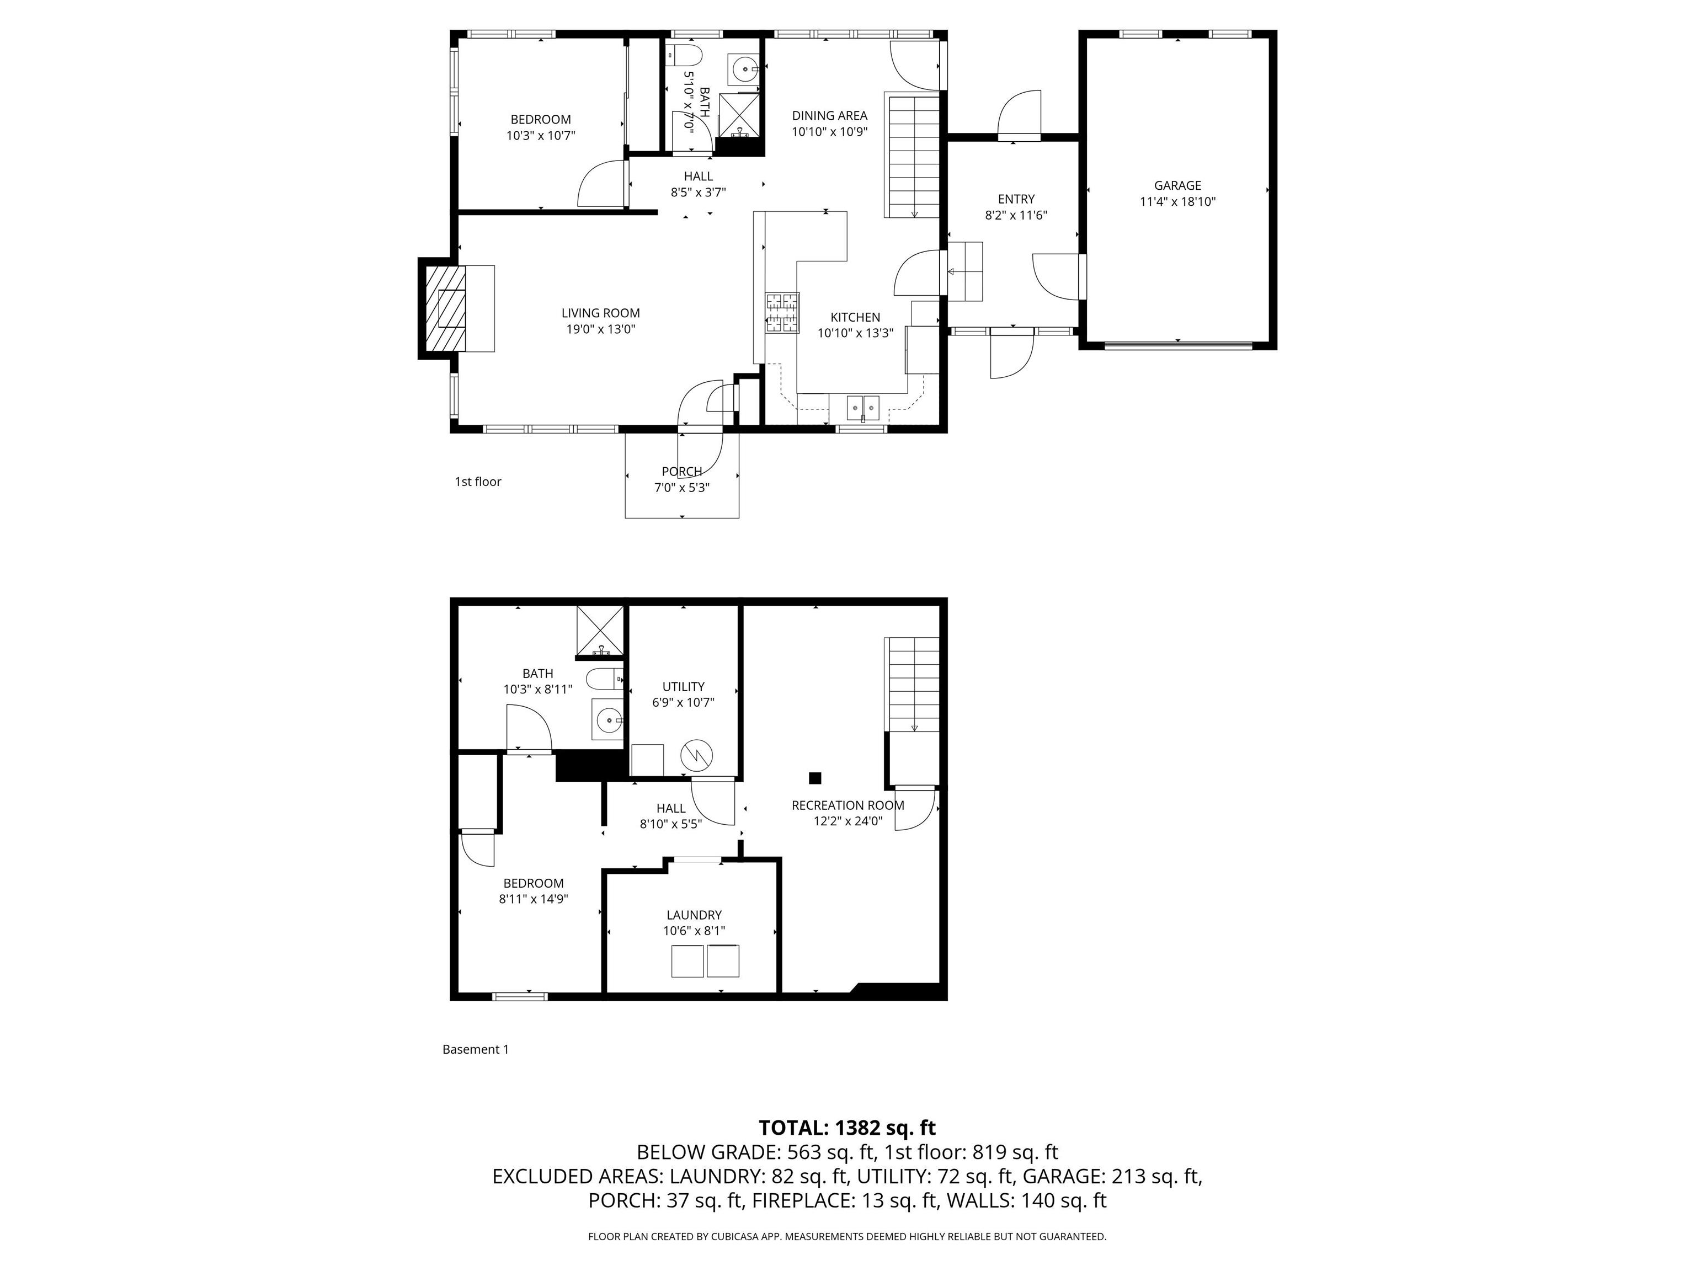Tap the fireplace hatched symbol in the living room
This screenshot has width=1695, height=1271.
[444, 308]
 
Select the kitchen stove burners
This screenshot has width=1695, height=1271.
[782, 313]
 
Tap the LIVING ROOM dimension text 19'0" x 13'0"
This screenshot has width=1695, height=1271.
[601, 329]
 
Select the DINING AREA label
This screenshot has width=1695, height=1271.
[830, 116]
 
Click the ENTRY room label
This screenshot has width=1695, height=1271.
[1016, 199]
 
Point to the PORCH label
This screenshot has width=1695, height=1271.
[682, 471]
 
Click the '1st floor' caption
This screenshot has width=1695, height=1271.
[478, 482]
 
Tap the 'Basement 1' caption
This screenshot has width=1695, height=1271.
[475, 1050]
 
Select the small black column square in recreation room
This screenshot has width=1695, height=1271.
[815, 778]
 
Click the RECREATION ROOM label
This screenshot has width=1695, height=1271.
[847, 805]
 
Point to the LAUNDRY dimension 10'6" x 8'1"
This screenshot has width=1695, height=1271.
[694, 931]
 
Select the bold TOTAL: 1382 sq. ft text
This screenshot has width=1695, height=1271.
[847, 1128]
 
